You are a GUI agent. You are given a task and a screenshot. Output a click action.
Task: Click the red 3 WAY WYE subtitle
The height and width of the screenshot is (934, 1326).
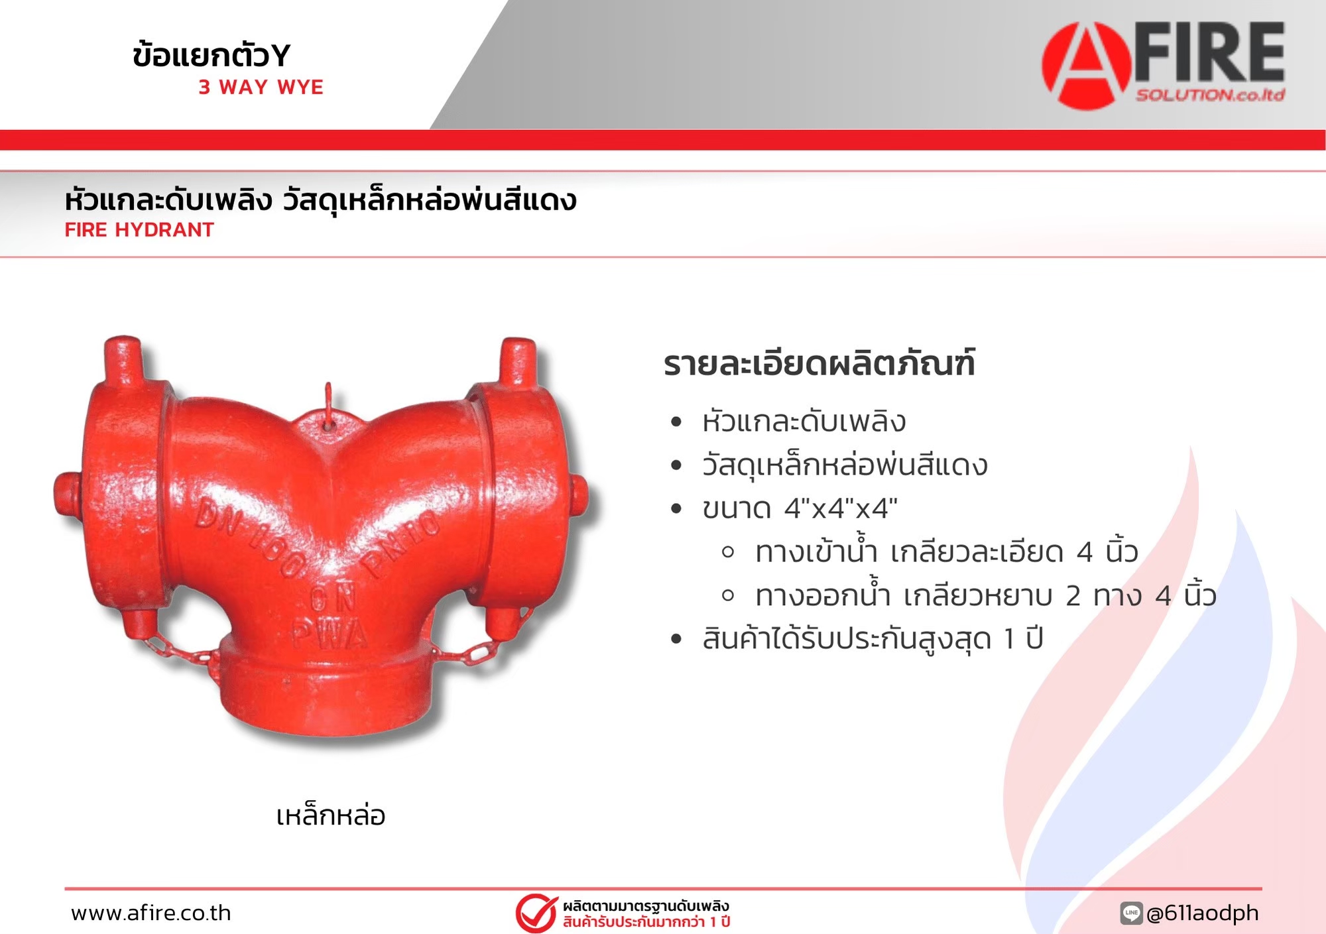point(261,87)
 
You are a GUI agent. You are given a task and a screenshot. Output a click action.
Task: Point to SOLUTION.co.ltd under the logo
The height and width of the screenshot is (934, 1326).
point(1211,95)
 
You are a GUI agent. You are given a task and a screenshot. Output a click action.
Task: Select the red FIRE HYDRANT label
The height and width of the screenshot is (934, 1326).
point(139,229)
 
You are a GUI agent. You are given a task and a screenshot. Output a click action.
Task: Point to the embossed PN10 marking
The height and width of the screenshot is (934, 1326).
point(402,542)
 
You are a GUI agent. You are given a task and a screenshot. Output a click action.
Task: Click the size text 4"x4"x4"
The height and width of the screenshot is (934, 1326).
point(841,508)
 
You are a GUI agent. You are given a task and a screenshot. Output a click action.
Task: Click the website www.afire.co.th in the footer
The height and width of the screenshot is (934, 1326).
point(151,913)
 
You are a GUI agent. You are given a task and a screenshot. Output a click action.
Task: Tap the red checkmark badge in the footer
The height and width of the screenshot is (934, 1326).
point(536,913)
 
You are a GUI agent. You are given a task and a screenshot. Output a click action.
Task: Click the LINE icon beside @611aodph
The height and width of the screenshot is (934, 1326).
point(1131,913)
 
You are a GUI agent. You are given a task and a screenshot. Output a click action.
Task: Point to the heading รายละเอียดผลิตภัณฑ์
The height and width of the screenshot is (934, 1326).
point(819,363)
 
